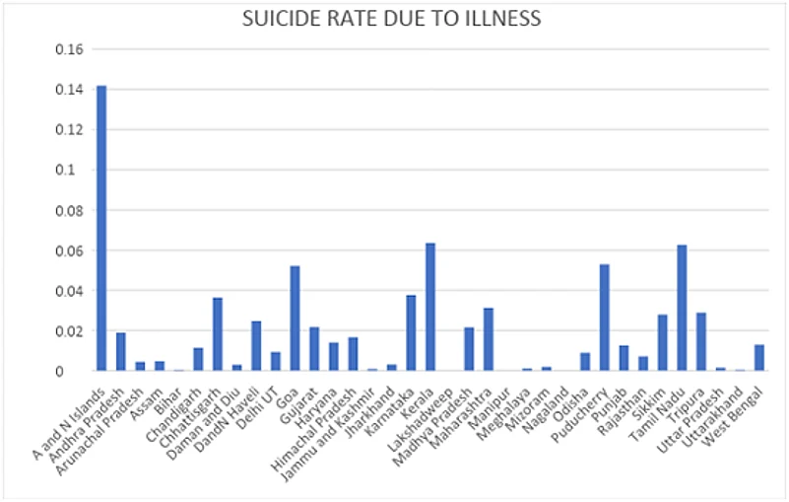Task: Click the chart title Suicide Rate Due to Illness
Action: click(394, 18)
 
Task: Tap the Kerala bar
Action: click(430, 307)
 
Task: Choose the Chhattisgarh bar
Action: click(218, 334)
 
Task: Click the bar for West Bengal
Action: click(758, 358)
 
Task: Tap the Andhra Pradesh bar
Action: click(121, 352)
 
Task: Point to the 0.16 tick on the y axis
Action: click(75, 49)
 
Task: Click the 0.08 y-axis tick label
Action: click(75, 210)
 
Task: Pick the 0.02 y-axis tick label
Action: click(75, 331)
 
